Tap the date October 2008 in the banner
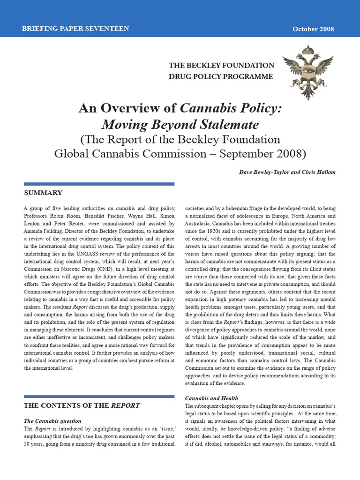pyautogui.click(x=313, y=29)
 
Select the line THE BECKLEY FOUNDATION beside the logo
pyautogui.click(x=221, y=65)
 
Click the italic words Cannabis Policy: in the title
pyautogui.click(x=231, y=109)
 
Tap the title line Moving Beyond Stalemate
pyautogui.click(x=180, y=125)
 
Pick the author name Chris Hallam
pyautogui.click(x=319, y=172)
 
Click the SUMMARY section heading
pyautogui.click(x=43, y=193)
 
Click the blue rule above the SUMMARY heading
pyautogui.click(x=99, y=184)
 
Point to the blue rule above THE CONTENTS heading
pyautogui.click(x=99, y=397)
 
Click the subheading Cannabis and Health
pyautogui.click(x=211, y=398)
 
